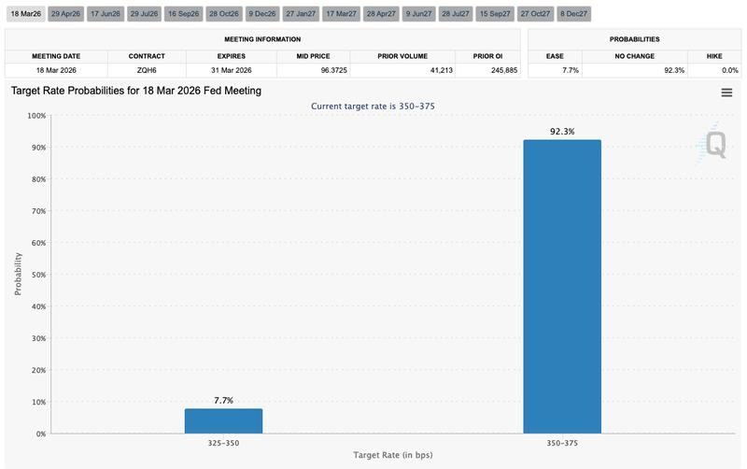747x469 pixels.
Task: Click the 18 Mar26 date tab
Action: click(25, 15)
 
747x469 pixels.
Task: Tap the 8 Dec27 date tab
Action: click(573, 15)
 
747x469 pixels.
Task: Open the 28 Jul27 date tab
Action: click(456, 15)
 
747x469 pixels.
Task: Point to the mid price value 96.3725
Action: click(314, 70)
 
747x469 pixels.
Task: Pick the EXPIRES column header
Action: click(231, 55)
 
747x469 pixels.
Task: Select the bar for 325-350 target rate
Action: click(223, 421)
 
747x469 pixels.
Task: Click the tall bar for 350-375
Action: click(561, 286)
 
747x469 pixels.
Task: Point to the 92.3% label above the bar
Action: click(561, 132)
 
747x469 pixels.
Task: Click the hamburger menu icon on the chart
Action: click(726, 92)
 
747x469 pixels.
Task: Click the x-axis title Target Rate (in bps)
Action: click(392, 455)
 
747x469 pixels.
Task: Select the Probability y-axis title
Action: click(19, 275)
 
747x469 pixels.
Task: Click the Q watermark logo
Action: click(714, 143)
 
